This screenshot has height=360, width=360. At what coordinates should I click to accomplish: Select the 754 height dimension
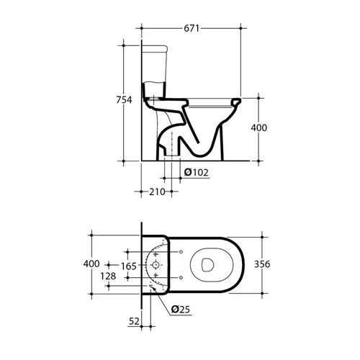125,100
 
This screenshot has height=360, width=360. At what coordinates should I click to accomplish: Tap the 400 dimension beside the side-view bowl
258,127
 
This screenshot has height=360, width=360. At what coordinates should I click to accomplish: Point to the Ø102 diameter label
197,172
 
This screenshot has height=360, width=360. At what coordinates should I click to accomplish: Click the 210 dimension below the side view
157,191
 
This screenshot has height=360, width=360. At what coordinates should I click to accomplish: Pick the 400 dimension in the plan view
91,264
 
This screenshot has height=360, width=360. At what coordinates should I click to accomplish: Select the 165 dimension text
128,266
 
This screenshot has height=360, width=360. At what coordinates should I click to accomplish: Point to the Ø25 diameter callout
181,310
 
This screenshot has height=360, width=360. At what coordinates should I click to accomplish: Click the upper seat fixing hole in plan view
180,251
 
